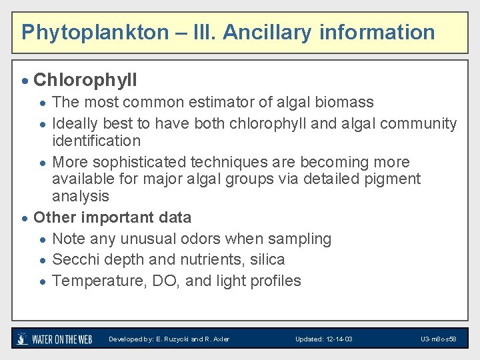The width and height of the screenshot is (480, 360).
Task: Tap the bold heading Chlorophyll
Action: [x=85, y=81]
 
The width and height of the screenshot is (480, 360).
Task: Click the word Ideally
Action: [x=75, y=123]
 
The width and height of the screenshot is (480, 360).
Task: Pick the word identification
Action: [x=96, y=141]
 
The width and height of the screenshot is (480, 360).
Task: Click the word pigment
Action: [x=394, y=179]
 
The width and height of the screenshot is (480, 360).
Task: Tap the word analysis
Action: [x=80, y=196]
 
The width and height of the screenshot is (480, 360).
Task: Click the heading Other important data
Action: [x=112, y=217]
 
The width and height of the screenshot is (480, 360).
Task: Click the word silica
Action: [x=267, y=260]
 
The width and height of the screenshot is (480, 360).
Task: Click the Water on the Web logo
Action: [x=55, y=339]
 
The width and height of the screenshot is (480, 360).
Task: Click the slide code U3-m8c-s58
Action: [x=438, y=339]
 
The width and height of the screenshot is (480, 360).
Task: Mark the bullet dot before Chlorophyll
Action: [x=25, y=82]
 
